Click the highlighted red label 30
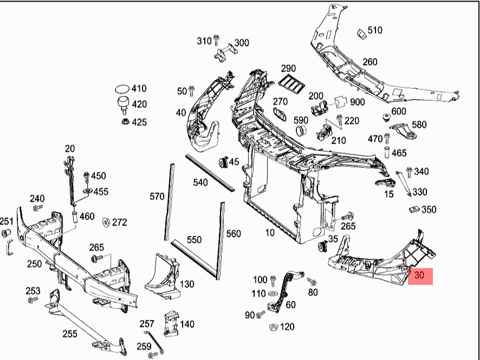click(x=419, y=275)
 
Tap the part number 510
click(x=374, y=30)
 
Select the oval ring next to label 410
click(x=123, y=89)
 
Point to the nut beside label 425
click(x=125, y=122)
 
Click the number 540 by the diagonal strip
click(x=200, y=183)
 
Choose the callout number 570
click(x=157, y=196)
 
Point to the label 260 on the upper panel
click(x=369, y=62)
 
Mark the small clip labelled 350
click(x=414, y=209)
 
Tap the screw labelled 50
click(x=191, y=91)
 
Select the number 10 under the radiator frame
click(x=269, y=233)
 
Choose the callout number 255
click(x=69, y=334)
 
